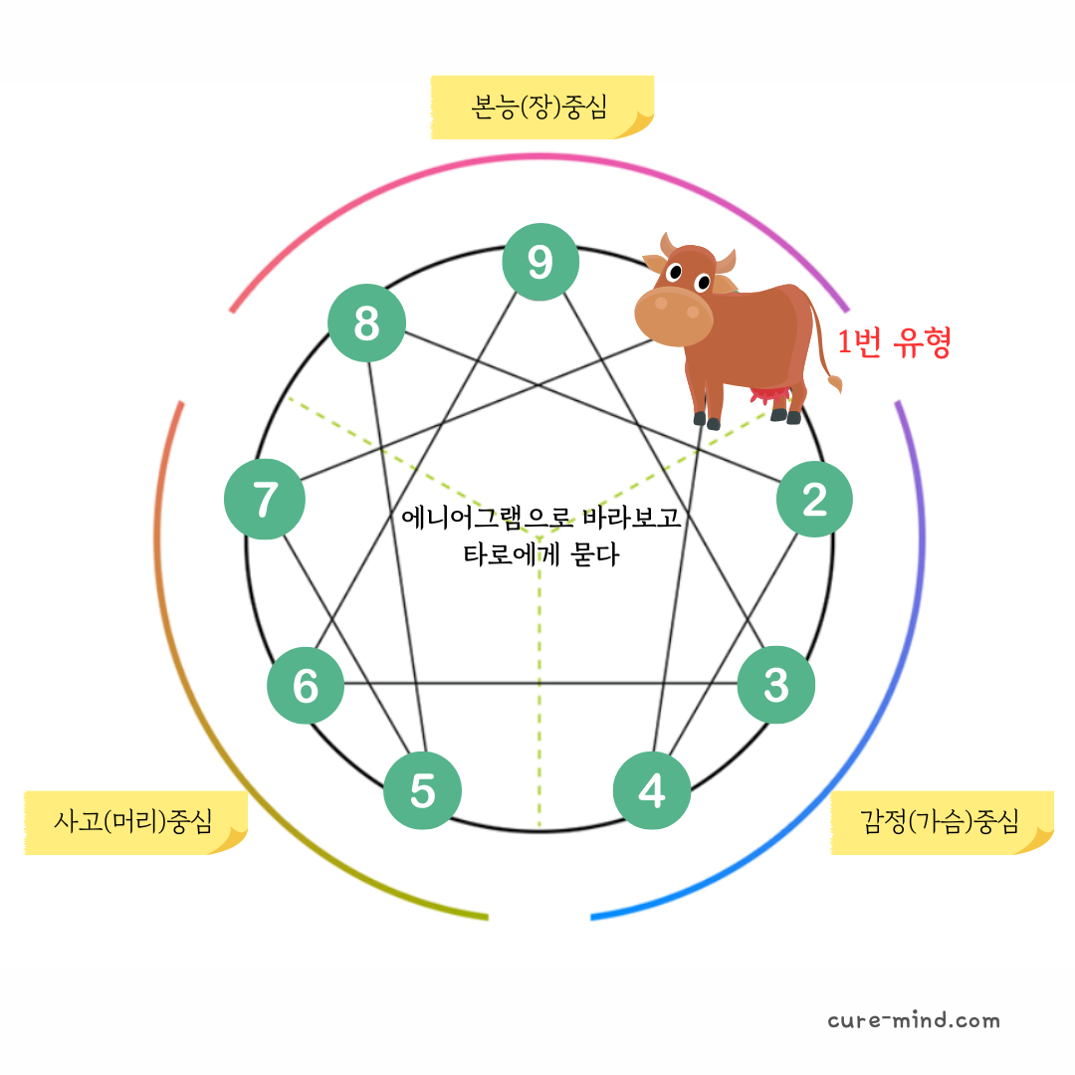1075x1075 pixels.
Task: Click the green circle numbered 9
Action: tap(540, 262)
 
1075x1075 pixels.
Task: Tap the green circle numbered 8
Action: tap(366, 323)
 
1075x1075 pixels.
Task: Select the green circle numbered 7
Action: tap(265, 500)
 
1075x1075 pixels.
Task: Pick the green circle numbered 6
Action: tap(306, 685)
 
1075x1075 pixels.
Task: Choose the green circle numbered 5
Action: tap(423, 791)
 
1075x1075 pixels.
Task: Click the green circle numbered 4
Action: tap(652, 791)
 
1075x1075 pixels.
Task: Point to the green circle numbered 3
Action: tap(776, 685)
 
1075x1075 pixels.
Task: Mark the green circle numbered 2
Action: tap(814, 499)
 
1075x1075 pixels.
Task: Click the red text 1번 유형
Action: tap(894, 343)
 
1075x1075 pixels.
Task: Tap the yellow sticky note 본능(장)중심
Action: tap(541, 107)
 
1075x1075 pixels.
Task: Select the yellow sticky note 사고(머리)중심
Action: tap(134, 822)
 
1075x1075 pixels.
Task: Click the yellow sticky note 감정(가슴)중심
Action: tap(941, 822)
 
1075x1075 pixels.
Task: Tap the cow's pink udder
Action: tap(769, 396)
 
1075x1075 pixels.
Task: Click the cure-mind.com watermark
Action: tap(913, 1020)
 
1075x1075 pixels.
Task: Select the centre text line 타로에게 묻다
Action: tap(540, 554)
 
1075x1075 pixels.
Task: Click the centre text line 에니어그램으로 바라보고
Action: tap(540, 518)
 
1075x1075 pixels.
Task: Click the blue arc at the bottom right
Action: tap(796, 836)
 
